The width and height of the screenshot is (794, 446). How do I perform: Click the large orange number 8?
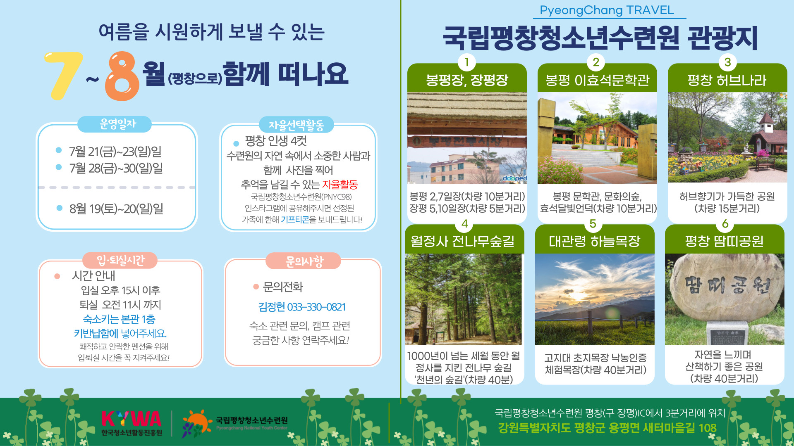click(122, 76)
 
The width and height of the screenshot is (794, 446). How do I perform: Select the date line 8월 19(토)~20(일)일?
click(116, 209)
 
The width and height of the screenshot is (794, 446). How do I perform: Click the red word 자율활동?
click(340, 184)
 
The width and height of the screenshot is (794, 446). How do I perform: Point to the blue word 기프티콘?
click(295, 220)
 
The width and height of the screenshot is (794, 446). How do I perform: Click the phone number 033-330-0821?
click(316, 307)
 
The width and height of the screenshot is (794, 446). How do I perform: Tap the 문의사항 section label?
click(304, 261)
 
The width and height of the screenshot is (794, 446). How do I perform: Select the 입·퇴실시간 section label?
click(120, 260)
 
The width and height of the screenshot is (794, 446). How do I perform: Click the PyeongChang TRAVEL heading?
click(607, 10)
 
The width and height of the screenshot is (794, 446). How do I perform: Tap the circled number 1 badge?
click(466, 62)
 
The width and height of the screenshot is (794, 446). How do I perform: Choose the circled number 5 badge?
click(593, 224)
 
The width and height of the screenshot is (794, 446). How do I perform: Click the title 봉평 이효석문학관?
click(597, 80)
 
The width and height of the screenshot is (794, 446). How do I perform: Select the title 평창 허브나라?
click(727, 80)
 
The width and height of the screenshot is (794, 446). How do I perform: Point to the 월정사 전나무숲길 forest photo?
click(463, 299)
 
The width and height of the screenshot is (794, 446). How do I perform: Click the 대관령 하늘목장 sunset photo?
click(595, 299)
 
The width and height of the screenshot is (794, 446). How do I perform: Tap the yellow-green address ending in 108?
click(607, 428)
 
